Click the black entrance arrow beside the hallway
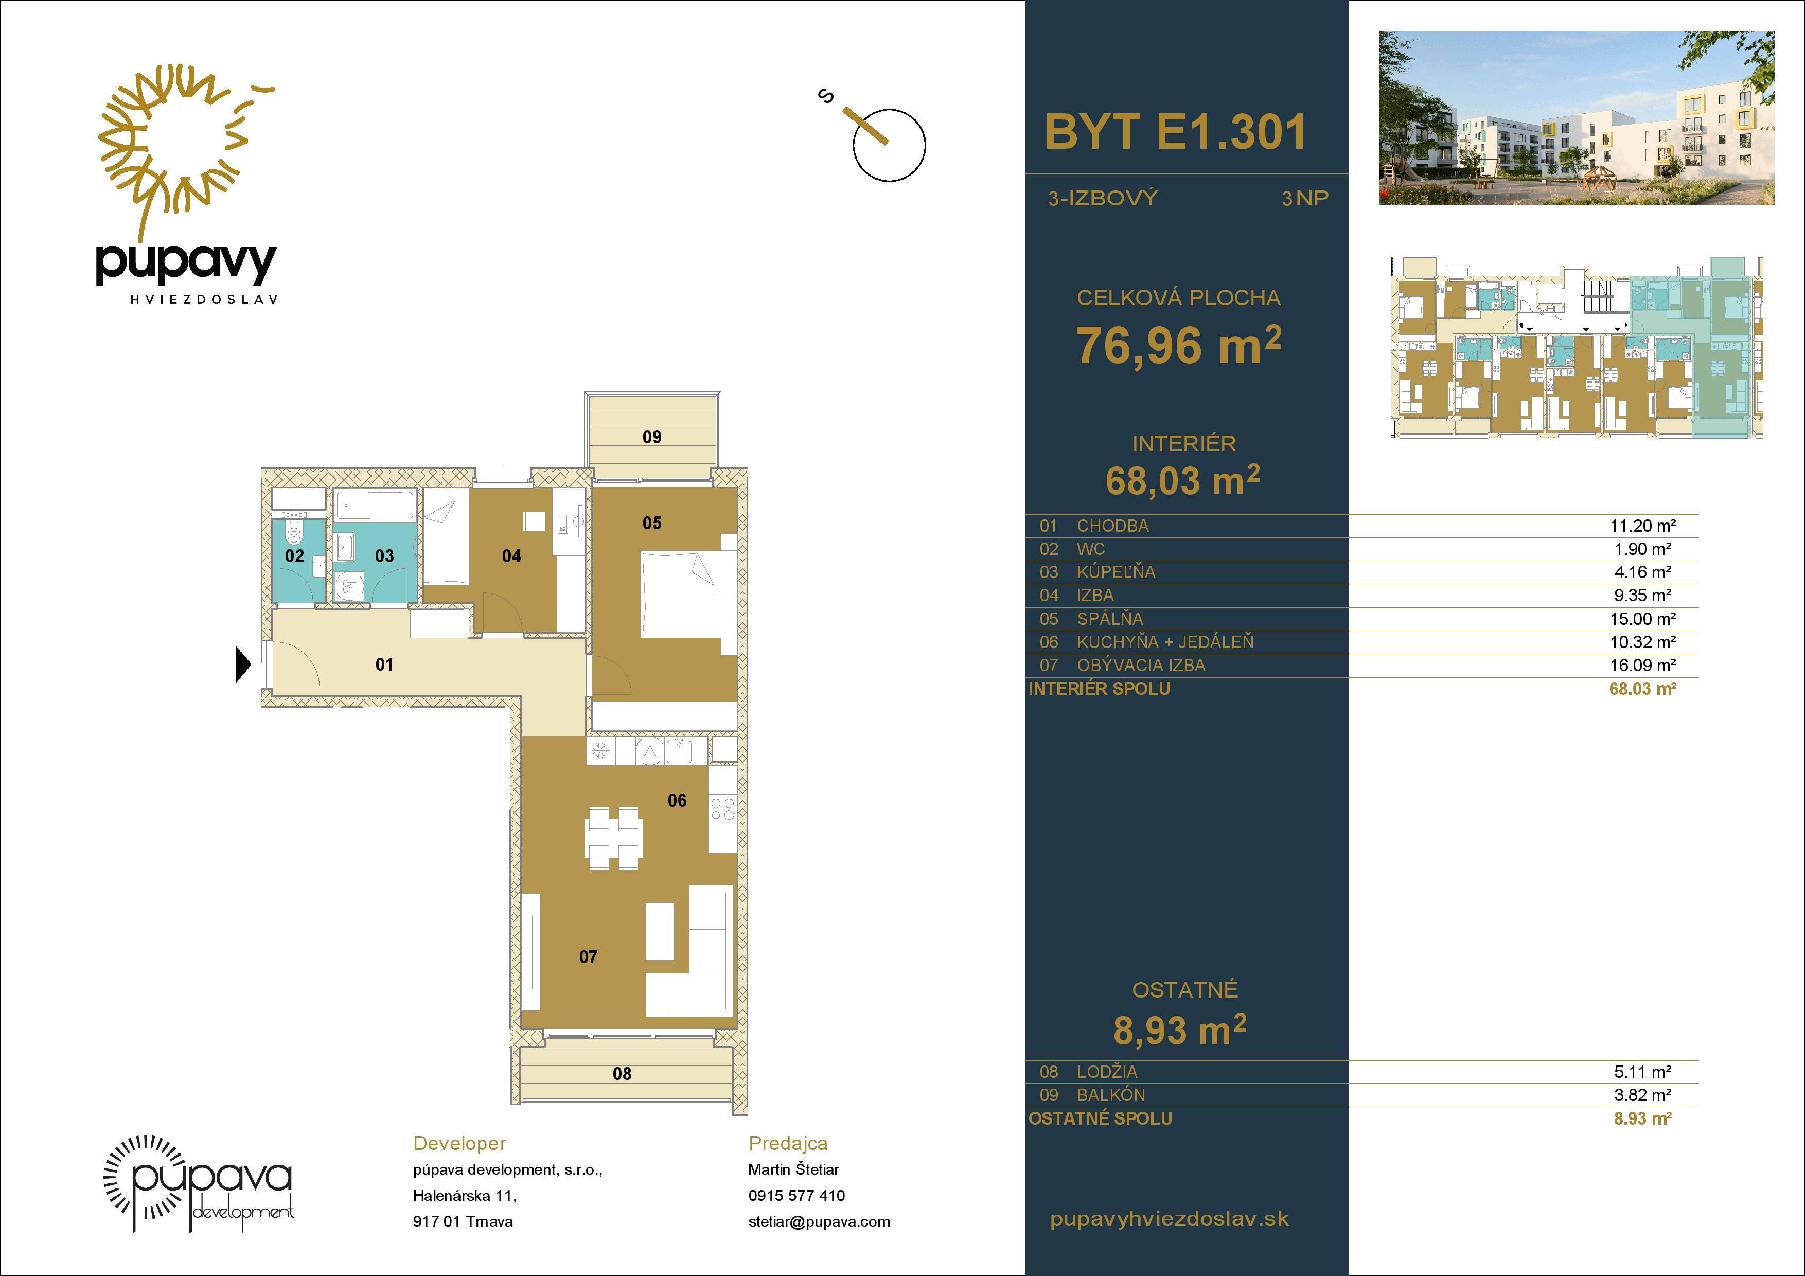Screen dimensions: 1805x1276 243,665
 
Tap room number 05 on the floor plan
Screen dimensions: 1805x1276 652,523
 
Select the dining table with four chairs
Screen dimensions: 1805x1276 614,838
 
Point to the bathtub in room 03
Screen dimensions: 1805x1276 374,505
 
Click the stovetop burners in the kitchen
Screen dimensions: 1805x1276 722,810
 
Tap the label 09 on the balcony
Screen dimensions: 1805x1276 652,437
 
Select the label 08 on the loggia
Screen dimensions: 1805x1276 622,1074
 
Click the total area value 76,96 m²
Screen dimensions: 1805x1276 1178,345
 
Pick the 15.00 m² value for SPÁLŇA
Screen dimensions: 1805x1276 1642,619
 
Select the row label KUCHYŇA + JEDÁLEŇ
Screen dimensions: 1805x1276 1165,642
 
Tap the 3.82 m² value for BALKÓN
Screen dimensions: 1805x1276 1642,1094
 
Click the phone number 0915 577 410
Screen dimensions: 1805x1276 797,1196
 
